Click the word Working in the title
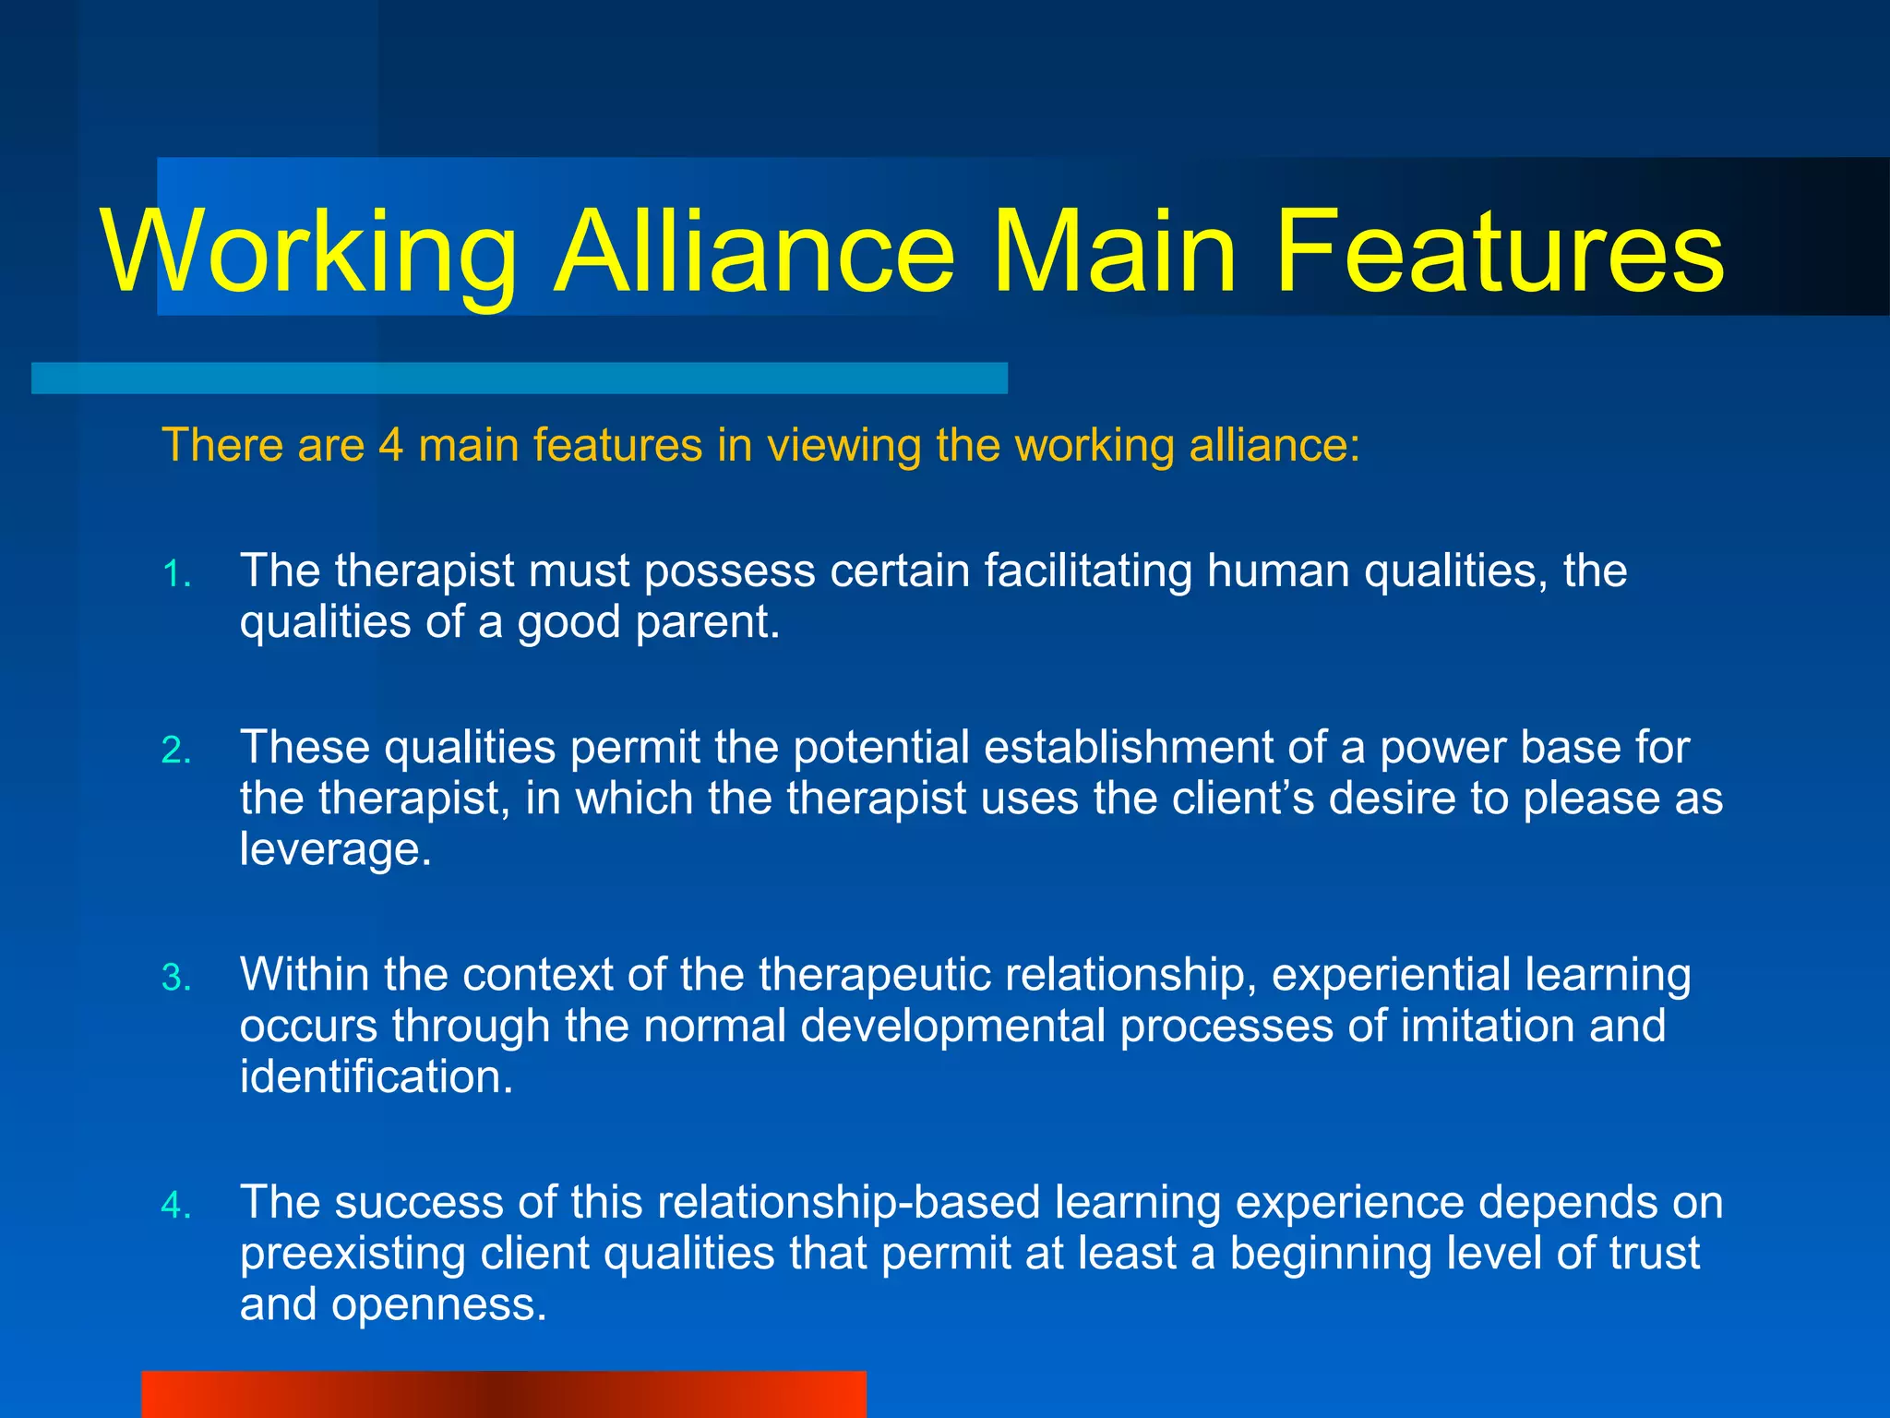[x=309, y=251]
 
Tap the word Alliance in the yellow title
[x=754, y=251]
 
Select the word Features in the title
[x=1499, y=251]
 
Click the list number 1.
[x=175, y=574]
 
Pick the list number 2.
[x=175, y=751]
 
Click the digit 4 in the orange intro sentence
[x=391, y=445]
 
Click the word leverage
[x=335, y=849]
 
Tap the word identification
[x=376, y=1077]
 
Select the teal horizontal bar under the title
[x=519, y=379]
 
